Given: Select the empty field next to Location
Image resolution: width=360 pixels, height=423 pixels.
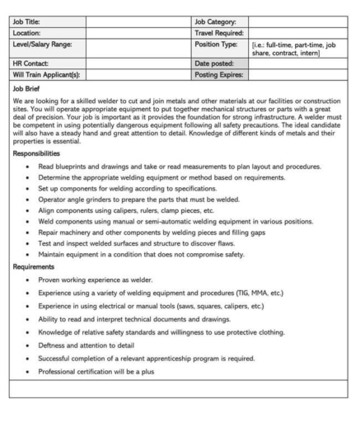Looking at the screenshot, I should tap(138, 31).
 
